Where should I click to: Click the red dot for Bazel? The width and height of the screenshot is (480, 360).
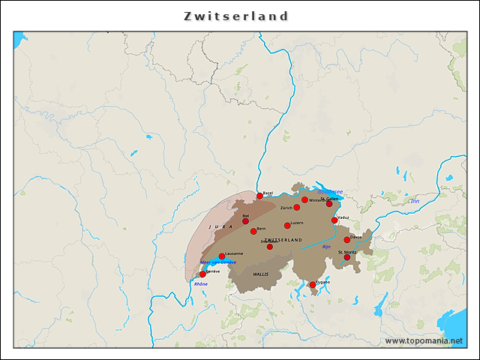click(x=260, y=196)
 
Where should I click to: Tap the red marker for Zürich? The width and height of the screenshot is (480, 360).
click(x=297, y=207)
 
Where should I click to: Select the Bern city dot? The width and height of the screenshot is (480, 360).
click(x=253, y=231)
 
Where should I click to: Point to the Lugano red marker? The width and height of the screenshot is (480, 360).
click(x=313, y=284)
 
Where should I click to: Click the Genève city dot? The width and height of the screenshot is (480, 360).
click(x=202, y=274)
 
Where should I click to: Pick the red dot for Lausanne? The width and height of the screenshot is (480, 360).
click(x=221, y=256)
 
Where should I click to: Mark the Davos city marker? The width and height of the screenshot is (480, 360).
click(x=347, y=240)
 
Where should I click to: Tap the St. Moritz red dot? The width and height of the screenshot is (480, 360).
click(x=346, y=256)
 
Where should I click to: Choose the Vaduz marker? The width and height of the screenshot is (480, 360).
click(x=334, y=220)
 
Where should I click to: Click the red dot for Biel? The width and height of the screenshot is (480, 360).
click(x=245, y=220)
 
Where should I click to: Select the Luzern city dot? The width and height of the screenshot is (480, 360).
click(x=287, y=225)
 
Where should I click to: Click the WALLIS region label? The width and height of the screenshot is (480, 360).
click(x=260, y=274)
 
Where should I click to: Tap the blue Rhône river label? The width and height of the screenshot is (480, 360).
click(x=201, y=284)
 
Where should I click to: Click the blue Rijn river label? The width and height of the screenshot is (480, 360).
click(x=326, y=246)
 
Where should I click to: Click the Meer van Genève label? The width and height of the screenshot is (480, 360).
click(x=218, y=262)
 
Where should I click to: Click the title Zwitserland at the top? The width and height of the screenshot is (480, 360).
click(x=236, y=16)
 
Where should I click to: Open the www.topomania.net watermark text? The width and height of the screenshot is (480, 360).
click(x=424, y=340)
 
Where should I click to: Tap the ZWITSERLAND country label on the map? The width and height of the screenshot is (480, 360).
click(x=283, y=240)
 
